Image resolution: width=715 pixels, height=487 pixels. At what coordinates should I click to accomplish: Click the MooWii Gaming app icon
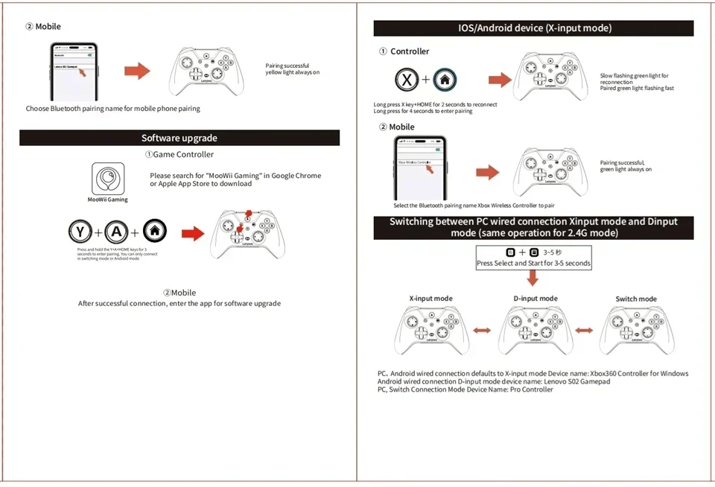tap(108, 179)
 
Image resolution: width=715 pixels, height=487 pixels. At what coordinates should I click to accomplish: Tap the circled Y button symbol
tap(80, 232)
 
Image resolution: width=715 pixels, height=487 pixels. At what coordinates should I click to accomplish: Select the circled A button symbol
tap(117, 232)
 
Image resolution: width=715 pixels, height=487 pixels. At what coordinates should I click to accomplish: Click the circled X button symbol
tap(406, 80)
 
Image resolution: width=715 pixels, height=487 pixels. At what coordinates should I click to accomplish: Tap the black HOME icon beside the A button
tap(154, 232)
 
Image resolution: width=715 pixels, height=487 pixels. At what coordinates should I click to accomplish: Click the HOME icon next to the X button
tap(445, 80)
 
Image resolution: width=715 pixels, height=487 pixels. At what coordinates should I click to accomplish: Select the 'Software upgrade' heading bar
tap(179, 138)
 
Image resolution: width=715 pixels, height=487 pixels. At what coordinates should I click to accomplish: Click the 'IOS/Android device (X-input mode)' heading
tap(533, 28)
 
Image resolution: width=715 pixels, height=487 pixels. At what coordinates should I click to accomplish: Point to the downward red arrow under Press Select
tap(533, 278)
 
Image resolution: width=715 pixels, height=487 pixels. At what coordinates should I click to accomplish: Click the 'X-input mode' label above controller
tap(430, 299)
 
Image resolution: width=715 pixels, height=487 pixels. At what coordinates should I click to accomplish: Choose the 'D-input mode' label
tap(536, 299)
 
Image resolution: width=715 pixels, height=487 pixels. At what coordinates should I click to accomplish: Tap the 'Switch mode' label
tap(636, 299)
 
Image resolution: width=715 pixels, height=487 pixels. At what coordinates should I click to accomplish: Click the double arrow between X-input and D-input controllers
tap(482, 330)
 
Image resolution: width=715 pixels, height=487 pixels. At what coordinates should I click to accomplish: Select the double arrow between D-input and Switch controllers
tap(584, 330)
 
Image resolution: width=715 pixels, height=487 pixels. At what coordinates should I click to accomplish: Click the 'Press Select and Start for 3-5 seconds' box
tap(533, 258)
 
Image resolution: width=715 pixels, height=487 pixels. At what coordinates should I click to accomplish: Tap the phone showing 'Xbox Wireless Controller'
tap(419, 168)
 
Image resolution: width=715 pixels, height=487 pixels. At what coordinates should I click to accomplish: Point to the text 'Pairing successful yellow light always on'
tap(292, 69)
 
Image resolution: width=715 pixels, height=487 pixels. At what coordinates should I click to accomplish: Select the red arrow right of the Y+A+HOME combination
tap(193, 234)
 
